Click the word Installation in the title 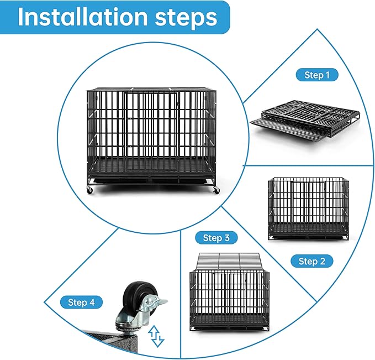[82, 17]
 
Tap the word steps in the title [186, 18]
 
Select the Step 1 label [317, 75]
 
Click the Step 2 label [311, 261]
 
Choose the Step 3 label [216, 238]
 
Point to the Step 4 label [81, 302]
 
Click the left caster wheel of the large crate [89, 190]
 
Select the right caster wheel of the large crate [216, 190]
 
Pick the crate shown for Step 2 [308, 208]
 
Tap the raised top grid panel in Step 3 [228, 262]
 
